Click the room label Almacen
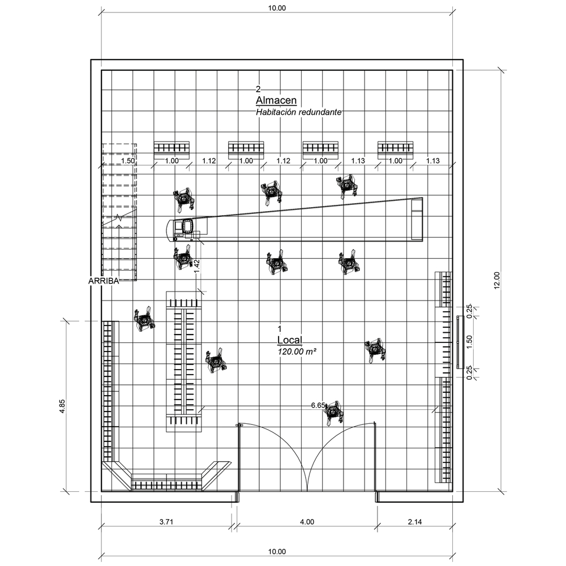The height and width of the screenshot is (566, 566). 276,100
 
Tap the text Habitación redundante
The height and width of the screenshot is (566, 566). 298,112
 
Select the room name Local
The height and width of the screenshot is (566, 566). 289,340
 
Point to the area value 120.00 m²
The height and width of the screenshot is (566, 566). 297,351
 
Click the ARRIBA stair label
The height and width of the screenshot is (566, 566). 104,281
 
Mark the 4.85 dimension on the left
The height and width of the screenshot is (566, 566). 62,406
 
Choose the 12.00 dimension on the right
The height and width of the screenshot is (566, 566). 497,280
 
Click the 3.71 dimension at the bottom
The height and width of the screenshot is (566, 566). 166,522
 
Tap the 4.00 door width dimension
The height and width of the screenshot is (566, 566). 307,522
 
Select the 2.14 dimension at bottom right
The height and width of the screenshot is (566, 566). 415,522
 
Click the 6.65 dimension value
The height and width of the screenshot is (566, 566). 318,405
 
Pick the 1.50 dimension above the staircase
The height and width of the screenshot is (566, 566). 128,161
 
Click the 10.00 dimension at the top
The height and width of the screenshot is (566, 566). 277,8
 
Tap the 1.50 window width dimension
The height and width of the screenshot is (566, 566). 469,342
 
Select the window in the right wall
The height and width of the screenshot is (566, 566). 460,342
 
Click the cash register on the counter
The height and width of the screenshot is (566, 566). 188,226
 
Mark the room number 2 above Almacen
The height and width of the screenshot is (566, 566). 258,89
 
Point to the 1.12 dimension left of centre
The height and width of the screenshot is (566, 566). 209,161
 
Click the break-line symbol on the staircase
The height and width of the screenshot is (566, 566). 119,218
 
